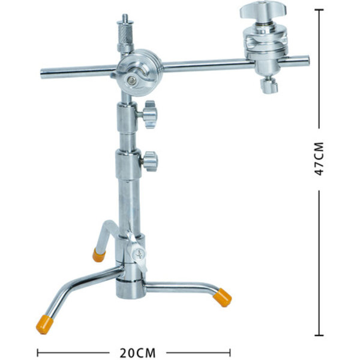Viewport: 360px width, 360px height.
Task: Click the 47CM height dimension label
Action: (319, 159)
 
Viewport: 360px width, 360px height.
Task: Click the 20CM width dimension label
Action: (137, 352)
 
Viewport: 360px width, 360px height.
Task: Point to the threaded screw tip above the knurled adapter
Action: (125, 17)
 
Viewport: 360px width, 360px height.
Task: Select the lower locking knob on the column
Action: (150, 161)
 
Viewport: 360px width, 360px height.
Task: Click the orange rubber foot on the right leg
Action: (222, 298)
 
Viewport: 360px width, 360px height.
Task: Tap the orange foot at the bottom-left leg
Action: (44, 324)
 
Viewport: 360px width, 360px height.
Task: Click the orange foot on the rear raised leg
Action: (99, 255)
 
